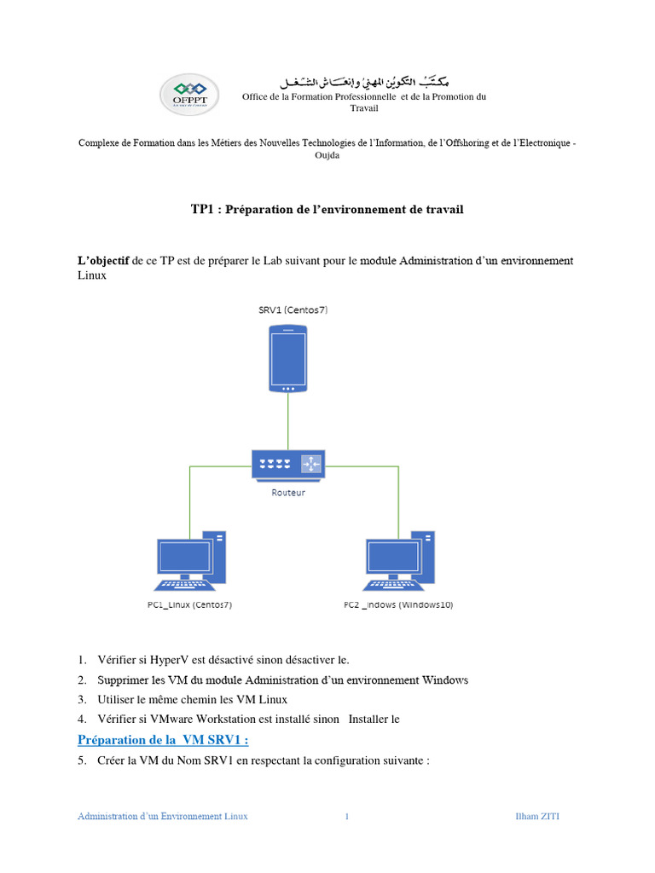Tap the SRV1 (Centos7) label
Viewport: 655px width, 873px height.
coord(293,310)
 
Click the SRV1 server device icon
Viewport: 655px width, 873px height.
coord(288,361)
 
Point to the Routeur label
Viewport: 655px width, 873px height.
coord(288,492)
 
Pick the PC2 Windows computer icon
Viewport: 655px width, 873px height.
coord(398,559)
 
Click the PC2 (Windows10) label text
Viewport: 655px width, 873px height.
coord(398,604)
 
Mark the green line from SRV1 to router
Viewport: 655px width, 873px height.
coord(288,422)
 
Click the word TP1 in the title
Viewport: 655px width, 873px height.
coord(204,209)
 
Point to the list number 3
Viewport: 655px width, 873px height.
coord(82,699)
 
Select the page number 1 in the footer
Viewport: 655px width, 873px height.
coord(347,816)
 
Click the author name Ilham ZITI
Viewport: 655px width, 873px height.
coord(538,816)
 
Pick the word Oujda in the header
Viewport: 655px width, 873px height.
coord(327,156)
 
